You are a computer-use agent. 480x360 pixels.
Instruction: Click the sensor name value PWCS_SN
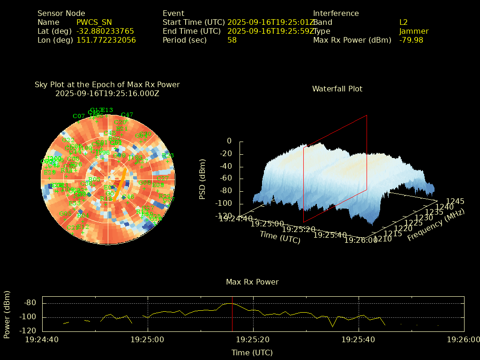tap(94, 22)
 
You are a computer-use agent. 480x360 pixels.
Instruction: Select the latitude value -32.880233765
tap(105, 31)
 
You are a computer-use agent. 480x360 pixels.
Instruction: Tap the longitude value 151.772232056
tap(106, 40)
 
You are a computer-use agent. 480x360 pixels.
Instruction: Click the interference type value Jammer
tap(414, 31)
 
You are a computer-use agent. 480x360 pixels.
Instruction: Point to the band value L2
tap(404, 22)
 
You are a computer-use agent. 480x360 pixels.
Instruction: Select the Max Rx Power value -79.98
tap(411, 40)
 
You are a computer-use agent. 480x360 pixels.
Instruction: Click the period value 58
tap(232, 40)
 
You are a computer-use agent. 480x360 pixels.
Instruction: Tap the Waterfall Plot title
tap(337, 89)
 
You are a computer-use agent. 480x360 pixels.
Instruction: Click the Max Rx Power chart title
tap(252, 282)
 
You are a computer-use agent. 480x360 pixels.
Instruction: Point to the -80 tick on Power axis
tap(30, 303)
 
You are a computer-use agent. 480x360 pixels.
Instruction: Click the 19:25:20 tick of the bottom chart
tap(254, 339)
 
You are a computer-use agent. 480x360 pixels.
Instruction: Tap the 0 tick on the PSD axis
tap(229, 141)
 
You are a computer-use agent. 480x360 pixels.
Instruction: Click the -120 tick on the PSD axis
tap(223, 216)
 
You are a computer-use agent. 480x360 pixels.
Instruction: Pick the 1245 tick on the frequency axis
tap(455, 201)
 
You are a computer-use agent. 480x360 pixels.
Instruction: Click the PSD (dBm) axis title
tap(202, 178)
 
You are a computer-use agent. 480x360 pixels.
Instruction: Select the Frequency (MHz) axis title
tap(436, 225)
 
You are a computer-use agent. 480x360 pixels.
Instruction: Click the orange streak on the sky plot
tap(120, 182)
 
